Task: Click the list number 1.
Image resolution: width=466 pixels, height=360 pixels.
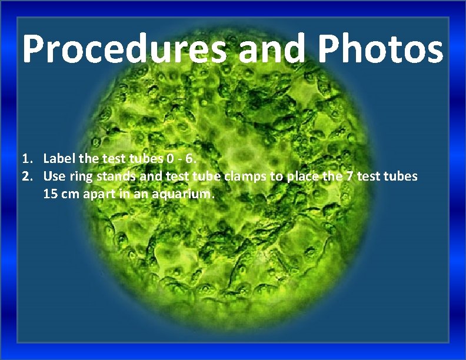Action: (25, 159)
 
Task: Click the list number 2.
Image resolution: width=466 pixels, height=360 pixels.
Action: (25, 176)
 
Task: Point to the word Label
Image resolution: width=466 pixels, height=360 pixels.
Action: (58, 159)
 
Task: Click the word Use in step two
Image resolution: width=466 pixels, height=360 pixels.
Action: (54, 176)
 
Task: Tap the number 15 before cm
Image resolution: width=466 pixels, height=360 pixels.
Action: (50, 194)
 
